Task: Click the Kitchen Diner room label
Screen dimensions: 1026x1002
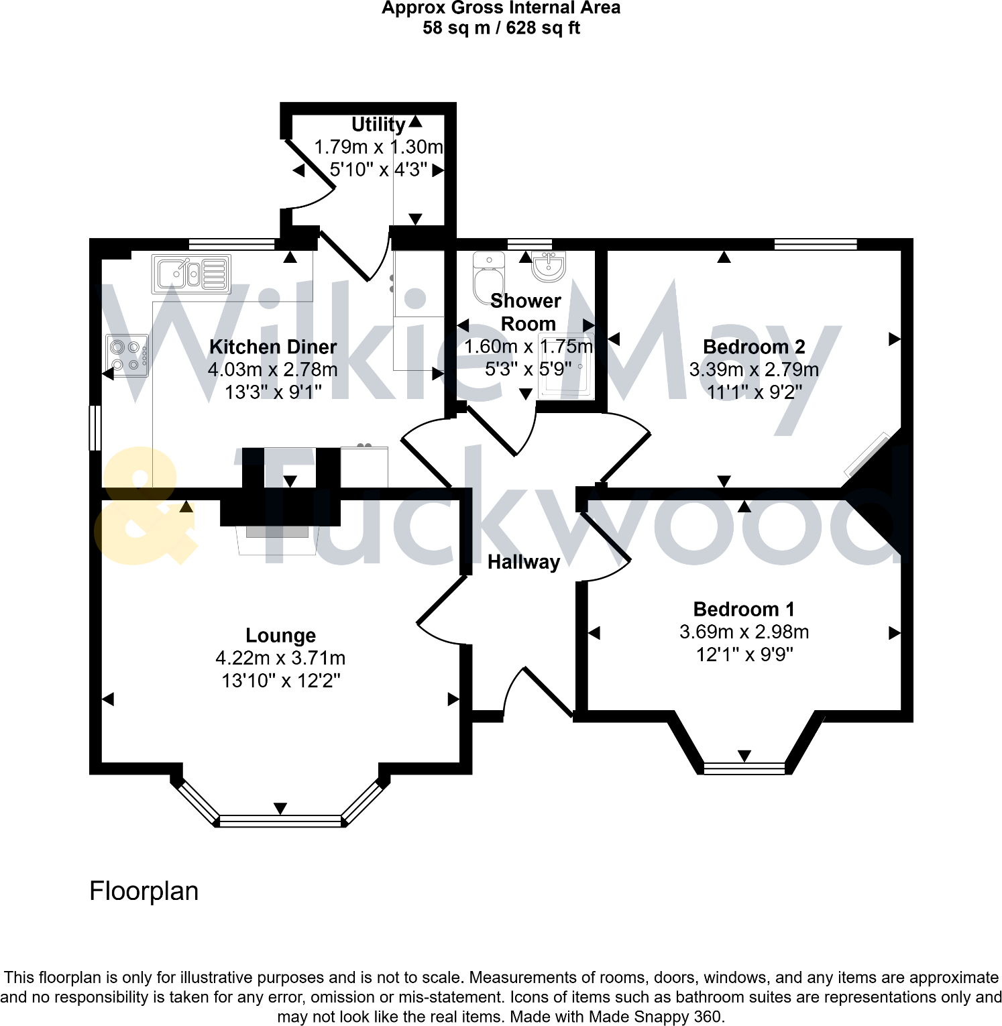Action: (273, 347)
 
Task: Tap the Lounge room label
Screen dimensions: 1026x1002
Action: (280, 635)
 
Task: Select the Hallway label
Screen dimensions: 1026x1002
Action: (523, 562)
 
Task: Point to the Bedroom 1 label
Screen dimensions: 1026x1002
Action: (744, 609)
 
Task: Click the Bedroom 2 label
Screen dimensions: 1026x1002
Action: (754, 347)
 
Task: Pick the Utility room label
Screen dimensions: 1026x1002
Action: (378, 125)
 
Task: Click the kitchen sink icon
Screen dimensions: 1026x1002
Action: (191, 274)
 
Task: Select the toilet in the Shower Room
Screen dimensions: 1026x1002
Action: (488, 277)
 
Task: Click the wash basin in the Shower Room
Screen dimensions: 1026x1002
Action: (549, 266)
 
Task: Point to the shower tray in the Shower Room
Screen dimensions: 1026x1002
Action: (565, 367)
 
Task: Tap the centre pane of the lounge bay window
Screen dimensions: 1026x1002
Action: (280, 820)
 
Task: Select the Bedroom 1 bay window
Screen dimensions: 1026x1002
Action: (744, 768)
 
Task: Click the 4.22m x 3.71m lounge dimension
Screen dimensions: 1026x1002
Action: (280, 658)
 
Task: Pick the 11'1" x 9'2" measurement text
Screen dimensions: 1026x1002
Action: (754, 392)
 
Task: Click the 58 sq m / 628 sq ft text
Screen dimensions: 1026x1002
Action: (501, 28)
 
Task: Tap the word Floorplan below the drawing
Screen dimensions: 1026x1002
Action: (144, 891)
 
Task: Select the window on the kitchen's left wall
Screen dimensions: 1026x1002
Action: (95, 427)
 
